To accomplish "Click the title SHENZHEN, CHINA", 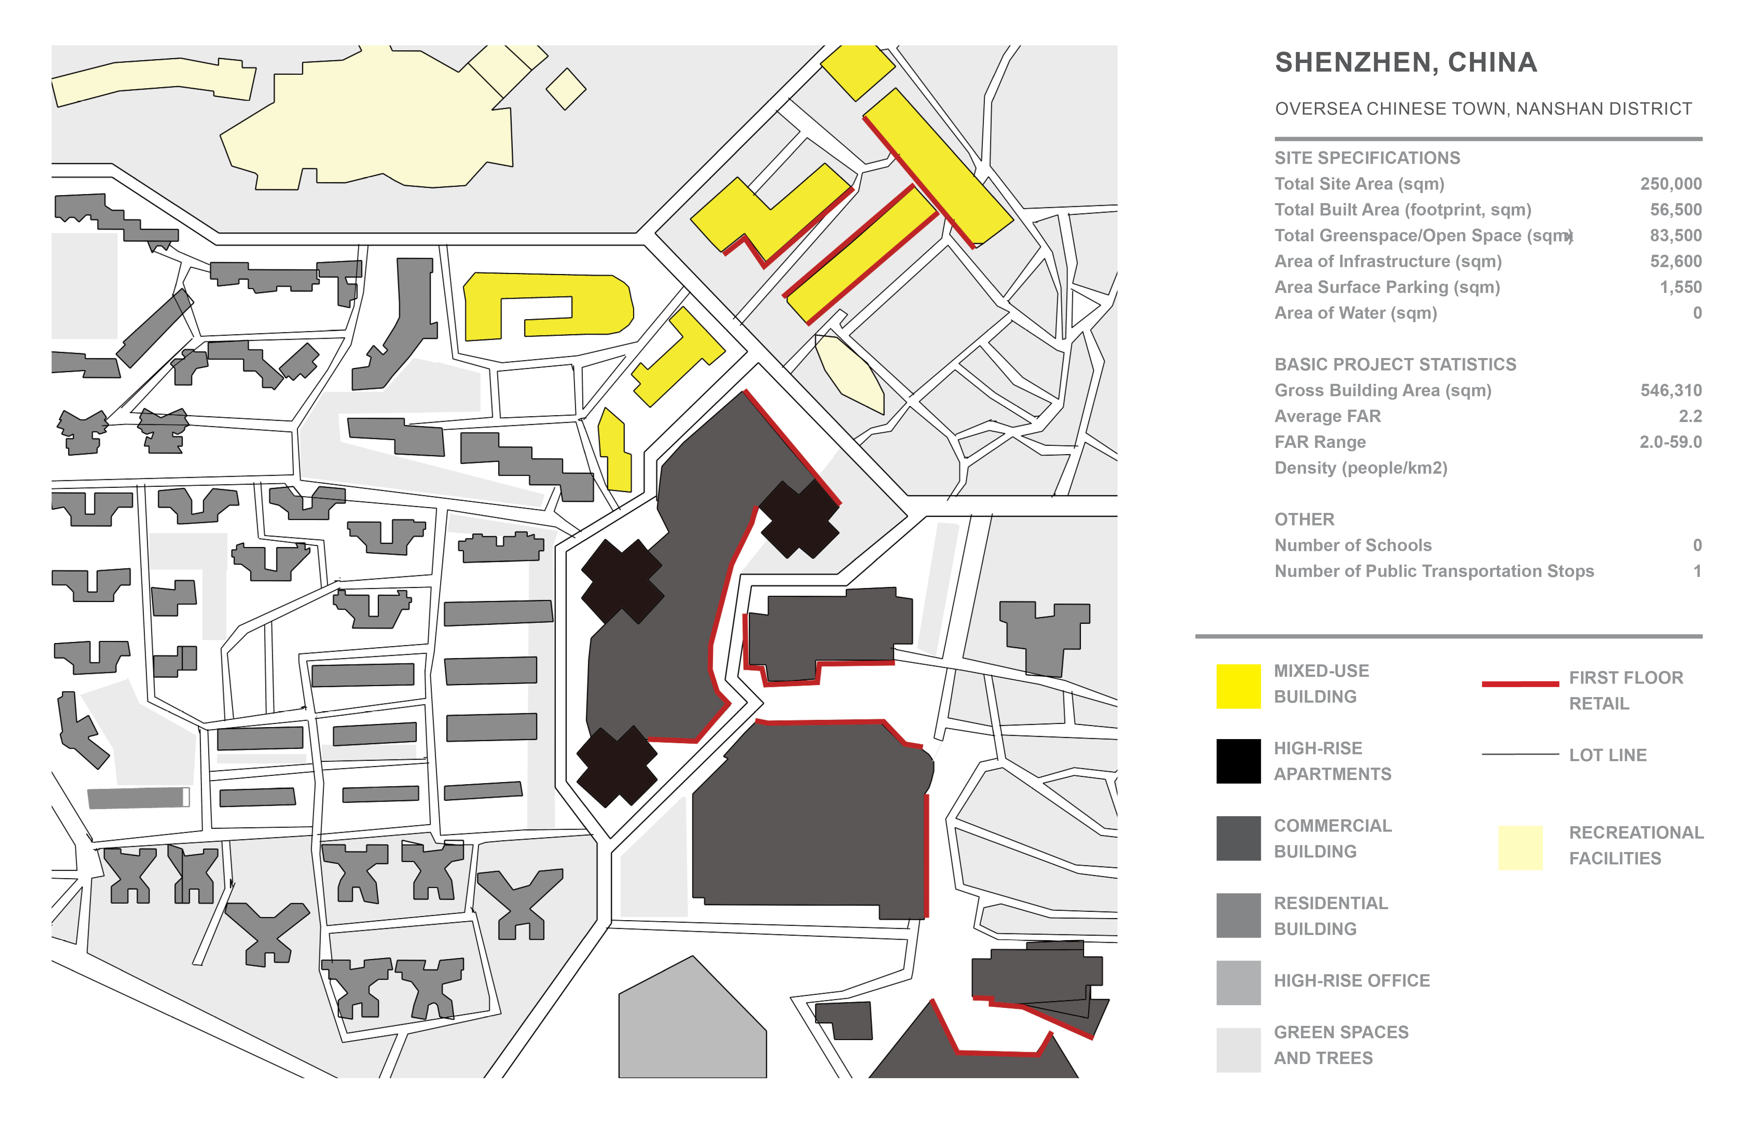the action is pos(1405,63).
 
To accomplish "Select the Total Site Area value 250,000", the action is pos(1670,184).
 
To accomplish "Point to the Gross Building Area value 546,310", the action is pos(1670,390).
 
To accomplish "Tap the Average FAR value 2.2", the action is pos(1690,416).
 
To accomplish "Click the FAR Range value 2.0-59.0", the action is pos(1670,442).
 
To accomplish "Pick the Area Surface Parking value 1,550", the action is pos(1681,287).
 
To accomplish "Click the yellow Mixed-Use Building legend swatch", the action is pos(1238,686).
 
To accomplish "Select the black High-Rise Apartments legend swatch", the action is pos(1238,760).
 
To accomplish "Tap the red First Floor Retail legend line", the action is pos(1520,684).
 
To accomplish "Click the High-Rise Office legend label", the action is pos(1352,980).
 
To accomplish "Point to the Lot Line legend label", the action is pos(1607,755).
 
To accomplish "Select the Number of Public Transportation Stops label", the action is pos(1434,571).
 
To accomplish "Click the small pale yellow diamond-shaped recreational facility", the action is pos(566,88).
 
